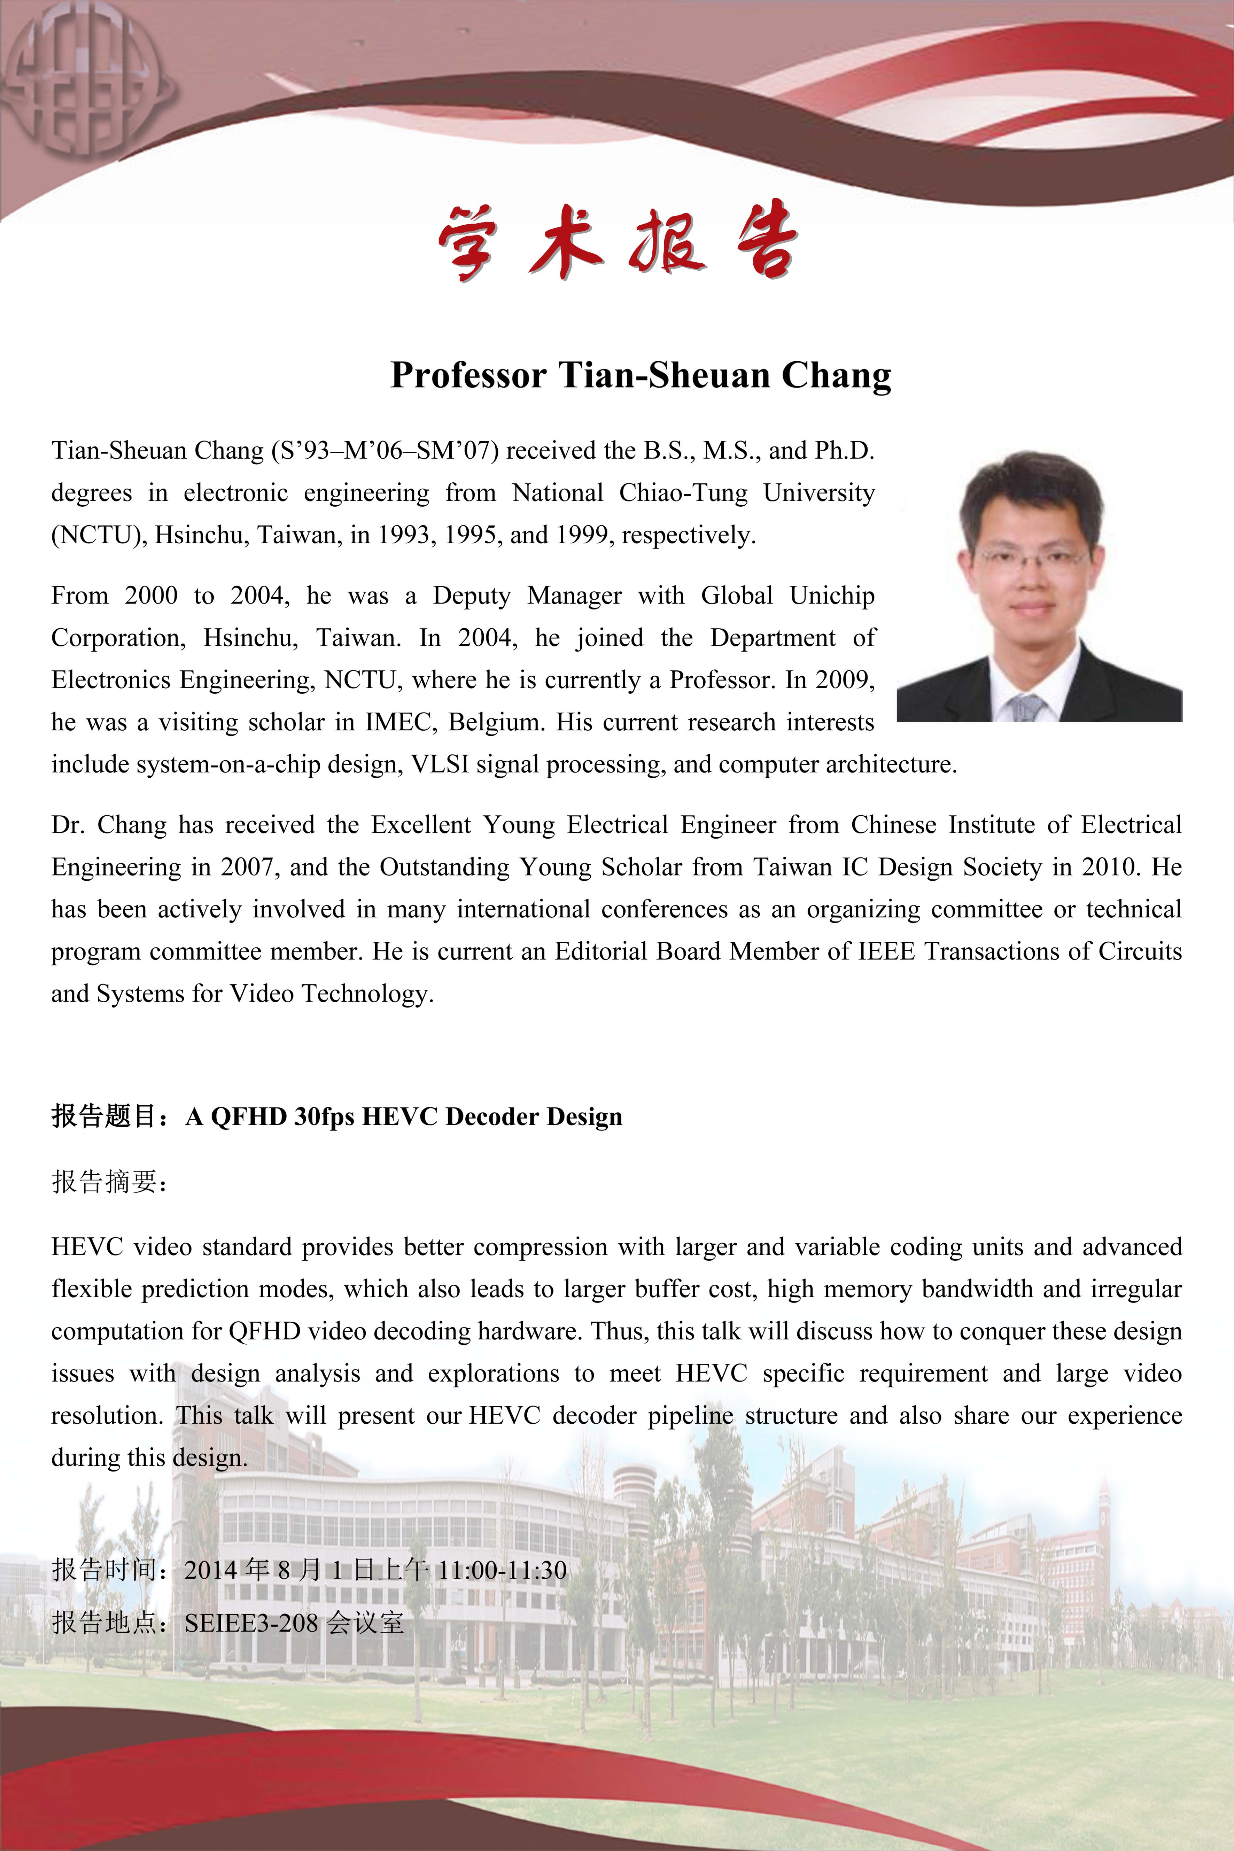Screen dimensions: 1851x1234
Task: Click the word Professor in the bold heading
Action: [x=468, y=375]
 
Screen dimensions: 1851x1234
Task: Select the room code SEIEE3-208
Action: [x=251, y=1623]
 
